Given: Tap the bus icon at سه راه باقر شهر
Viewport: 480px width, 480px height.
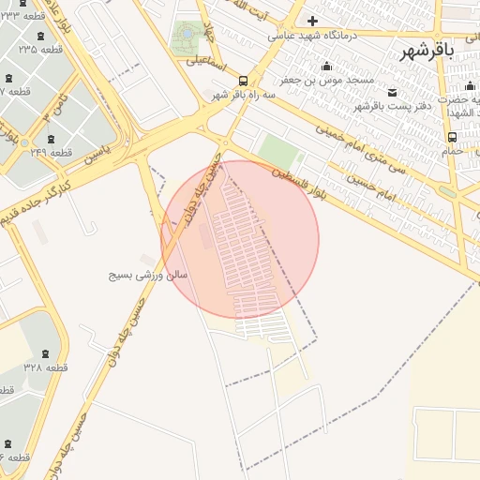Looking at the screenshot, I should tap(243, 81).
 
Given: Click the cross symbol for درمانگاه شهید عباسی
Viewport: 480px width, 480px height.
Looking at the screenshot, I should tap(312, 21).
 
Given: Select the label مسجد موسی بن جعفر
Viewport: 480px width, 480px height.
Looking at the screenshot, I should tap(335, 80).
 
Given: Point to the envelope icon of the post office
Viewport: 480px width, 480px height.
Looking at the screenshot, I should tap(391, 92).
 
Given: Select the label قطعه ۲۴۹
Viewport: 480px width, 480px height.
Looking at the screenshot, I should tap(51, 151).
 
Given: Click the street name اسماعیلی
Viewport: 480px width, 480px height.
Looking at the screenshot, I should tap(204, 62).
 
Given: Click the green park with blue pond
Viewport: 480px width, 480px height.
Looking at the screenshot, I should tap(187, 37).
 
